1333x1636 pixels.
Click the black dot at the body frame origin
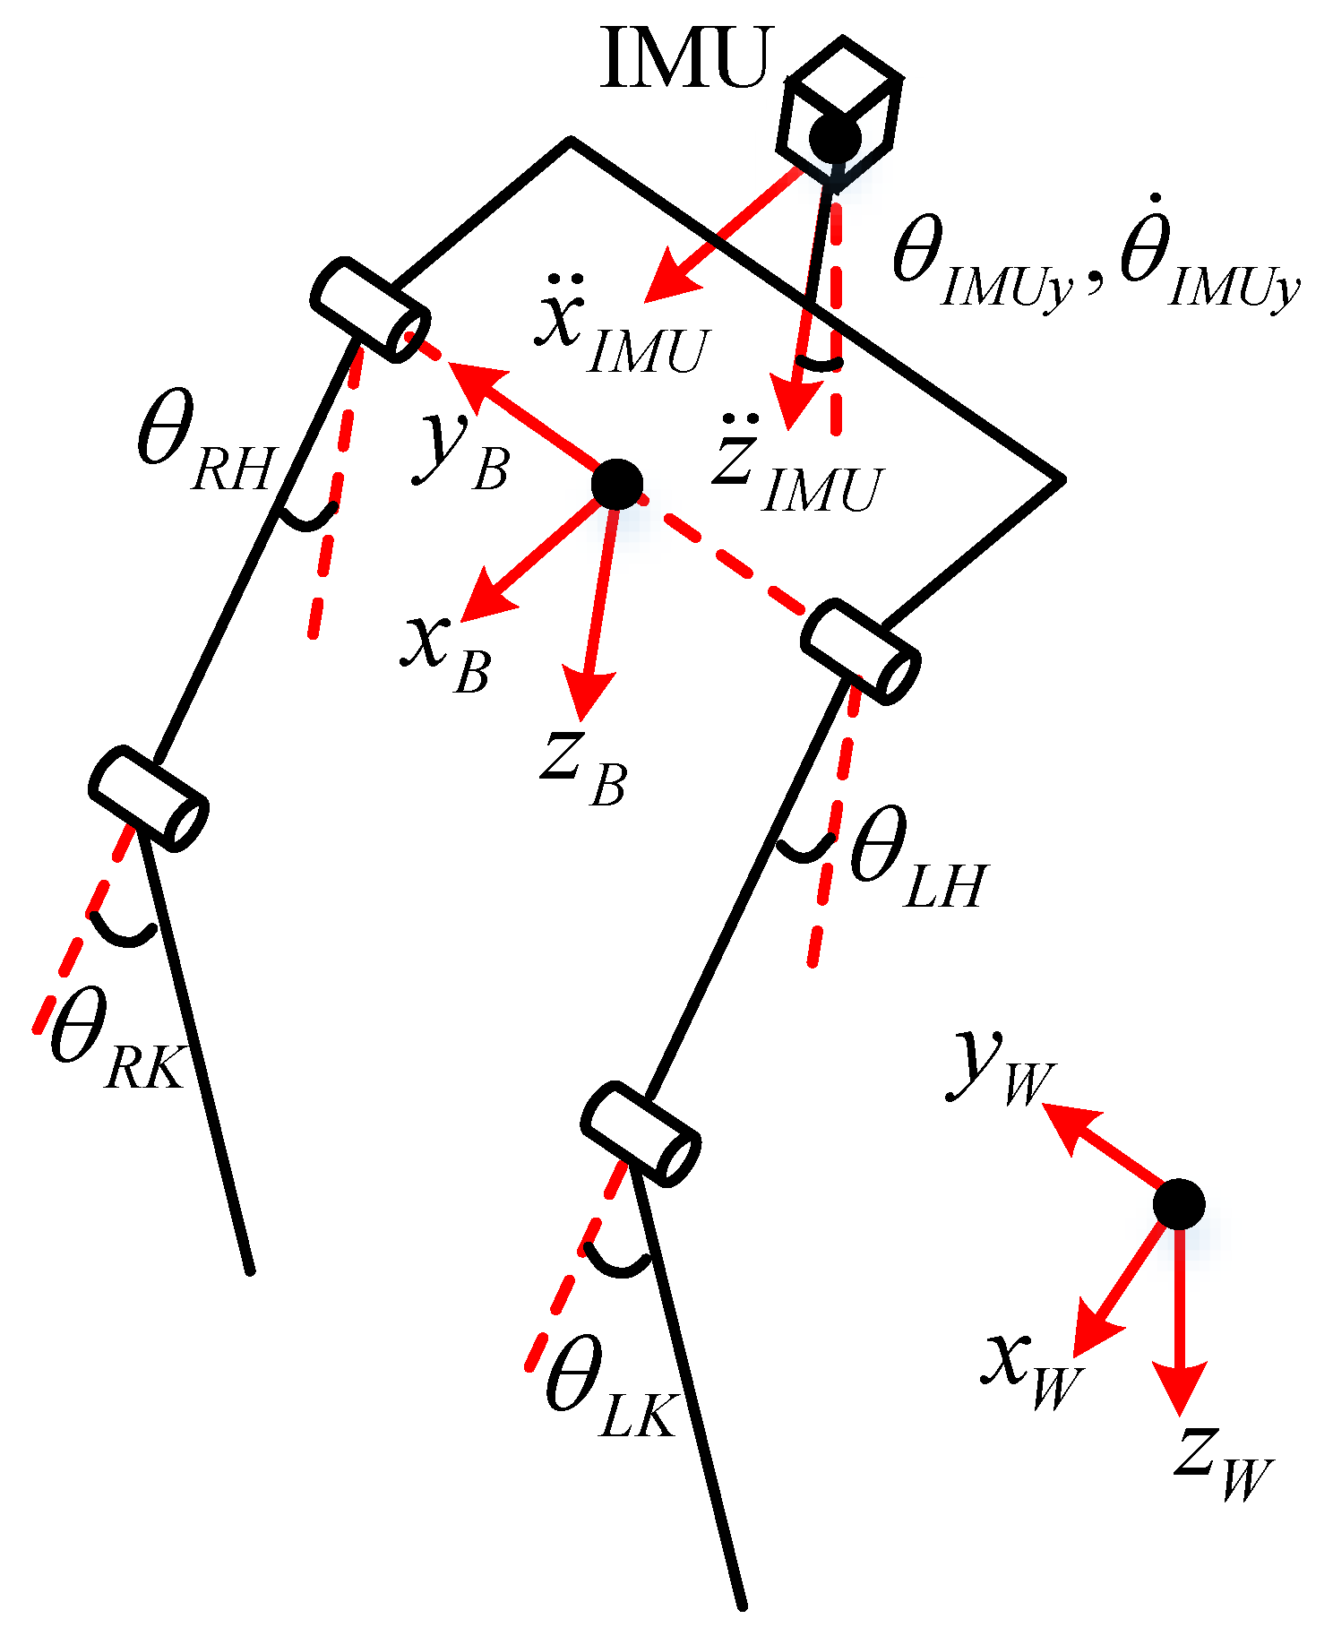point(617,484)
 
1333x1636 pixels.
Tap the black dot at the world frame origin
point(1178,1203)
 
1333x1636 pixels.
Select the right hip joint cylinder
point(370,309)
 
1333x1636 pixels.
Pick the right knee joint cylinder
point(149,797)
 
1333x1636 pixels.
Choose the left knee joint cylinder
point(640,1133)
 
